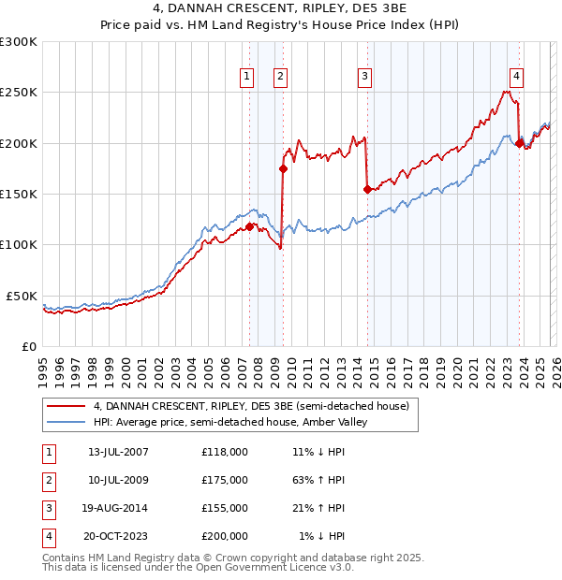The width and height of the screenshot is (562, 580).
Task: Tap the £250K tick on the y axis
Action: (19, 93)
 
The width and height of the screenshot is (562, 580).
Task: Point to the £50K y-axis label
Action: (22, 296)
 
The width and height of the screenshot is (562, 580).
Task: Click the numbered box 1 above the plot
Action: (247, 77)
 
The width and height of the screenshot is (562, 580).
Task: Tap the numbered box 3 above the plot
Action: (364, 77)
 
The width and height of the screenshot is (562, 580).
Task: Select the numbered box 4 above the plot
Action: (517, 77)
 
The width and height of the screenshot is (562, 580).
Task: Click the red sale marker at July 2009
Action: (283, 168)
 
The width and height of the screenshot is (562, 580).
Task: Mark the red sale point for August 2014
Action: (367, 189)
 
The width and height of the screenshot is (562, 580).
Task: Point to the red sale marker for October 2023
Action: (519, 143)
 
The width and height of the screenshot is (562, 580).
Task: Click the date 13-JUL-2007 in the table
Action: (118, 452)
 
